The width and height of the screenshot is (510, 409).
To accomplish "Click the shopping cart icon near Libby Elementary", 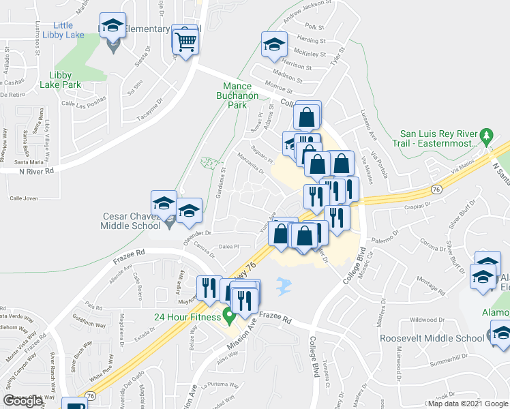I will coord(186,41).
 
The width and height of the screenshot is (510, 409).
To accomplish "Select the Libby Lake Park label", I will coord(65,80).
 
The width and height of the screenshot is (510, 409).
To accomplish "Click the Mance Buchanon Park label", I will coord(242,96).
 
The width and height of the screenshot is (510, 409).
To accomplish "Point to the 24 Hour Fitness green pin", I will coord(230,316).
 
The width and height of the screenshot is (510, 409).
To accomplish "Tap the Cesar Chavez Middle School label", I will coord(131,221).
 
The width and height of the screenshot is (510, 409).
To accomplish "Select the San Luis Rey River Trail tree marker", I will coord(486,134).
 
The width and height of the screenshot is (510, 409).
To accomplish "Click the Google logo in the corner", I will coord(24,401).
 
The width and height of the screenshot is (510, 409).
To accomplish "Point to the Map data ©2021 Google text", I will coord(467,404).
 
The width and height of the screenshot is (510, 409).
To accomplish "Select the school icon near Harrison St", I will coord(274,45).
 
